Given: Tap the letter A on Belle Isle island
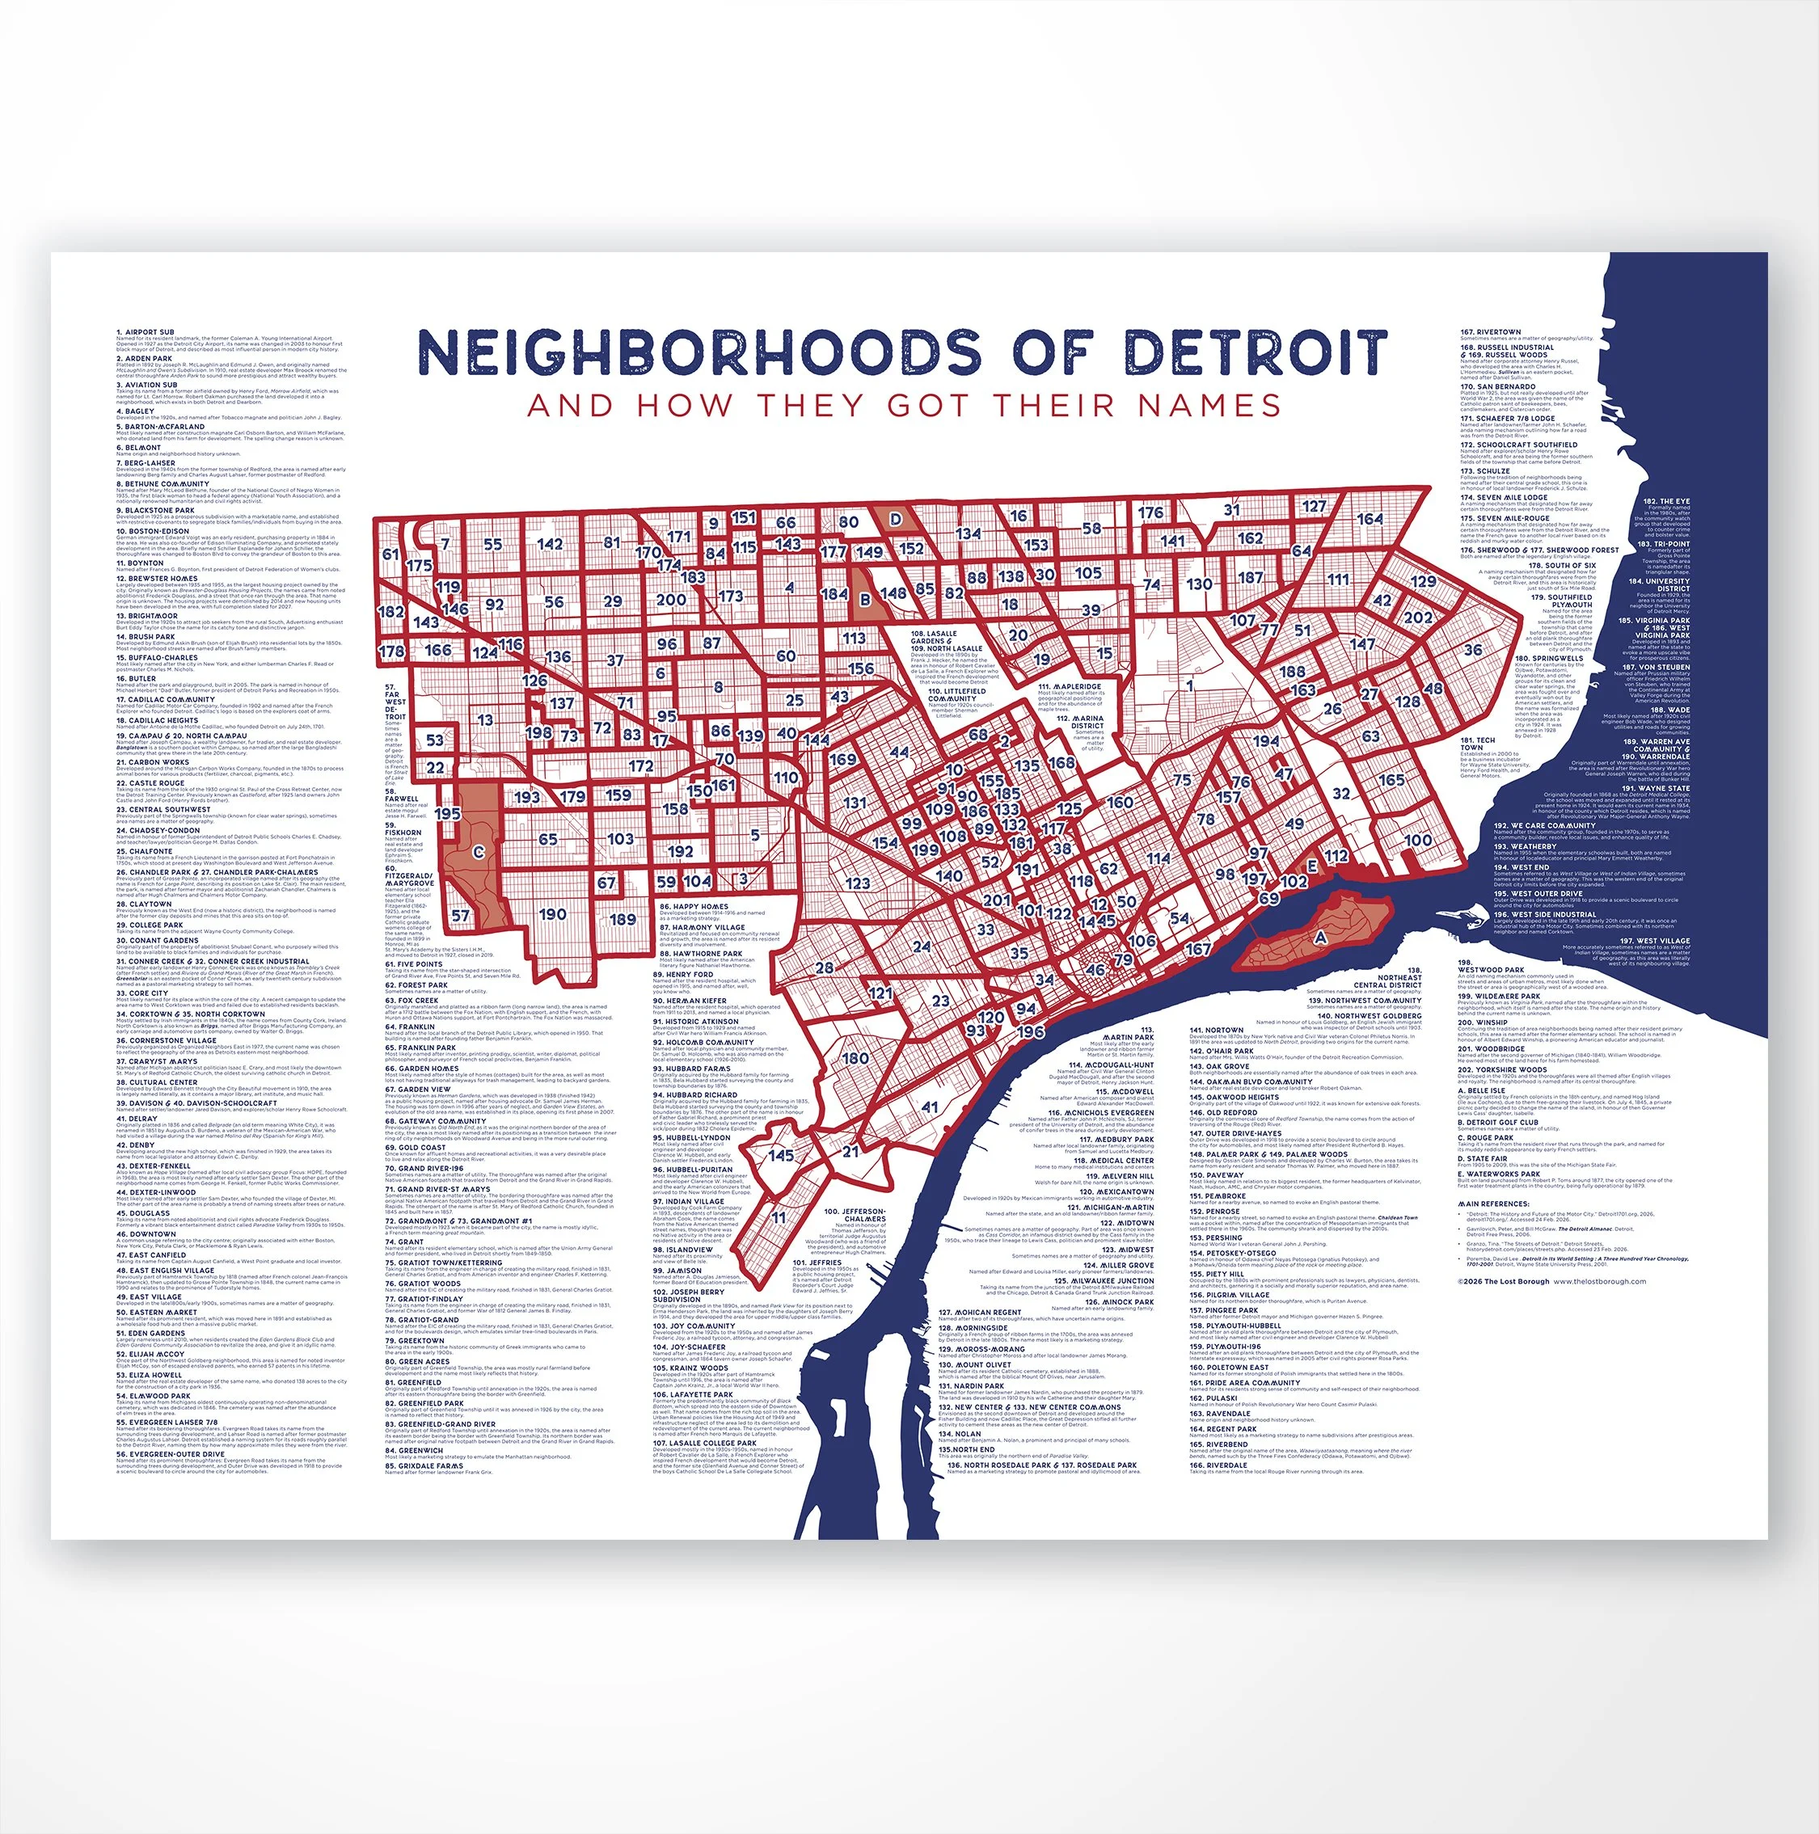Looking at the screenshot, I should [1319, 936].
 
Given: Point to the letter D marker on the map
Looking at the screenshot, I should [894, 521].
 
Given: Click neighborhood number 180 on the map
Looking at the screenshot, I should [855, 1057].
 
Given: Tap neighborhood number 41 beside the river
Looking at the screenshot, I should [931, 1107].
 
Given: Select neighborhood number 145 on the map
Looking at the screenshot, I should [781, 1155].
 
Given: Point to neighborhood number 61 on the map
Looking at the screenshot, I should [391, 554].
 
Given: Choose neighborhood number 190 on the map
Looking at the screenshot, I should [552, 914].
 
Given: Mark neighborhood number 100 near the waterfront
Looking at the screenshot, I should [1418, 840].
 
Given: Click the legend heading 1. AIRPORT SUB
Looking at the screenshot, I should [146, 332].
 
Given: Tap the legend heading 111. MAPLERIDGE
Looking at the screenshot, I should [1069, 686].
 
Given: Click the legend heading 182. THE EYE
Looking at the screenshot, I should [1666, 501].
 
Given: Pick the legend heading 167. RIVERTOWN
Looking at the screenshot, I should [1491, 332].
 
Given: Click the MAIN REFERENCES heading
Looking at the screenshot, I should [1493, 1204].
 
